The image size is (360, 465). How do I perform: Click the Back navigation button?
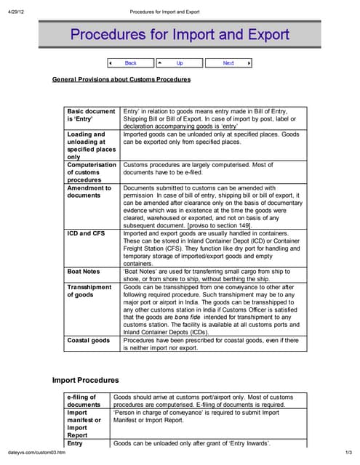(x=130, y=63)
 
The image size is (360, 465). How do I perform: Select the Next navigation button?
(x=228, y=63)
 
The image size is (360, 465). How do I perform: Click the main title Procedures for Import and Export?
(x=180, y=34)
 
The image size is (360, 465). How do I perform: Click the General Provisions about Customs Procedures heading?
(x=121, y=79)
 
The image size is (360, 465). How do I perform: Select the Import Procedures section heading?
(x=86, y=380)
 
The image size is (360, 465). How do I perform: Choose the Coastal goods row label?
(x=89, y=340)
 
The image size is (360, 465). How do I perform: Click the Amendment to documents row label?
(x=89, y=192)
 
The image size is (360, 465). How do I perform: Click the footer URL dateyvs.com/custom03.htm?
(x=36, y=453)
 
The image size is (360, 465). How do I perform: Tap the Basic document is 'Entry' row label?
(x=91, y=116)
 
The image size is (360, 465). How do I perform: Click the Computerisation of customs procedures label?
(x=91, y=172)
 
